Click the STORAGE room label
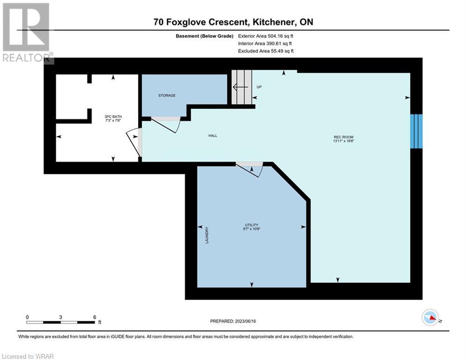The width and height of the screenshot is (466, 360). [x=167, y=96]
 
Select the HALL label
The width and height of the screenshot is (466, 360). [x=213, y=135]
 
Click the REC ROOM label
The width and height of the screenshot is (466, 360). [x=344, y=137]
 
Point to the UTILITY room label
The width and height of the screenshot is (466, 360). [x=251, y=225]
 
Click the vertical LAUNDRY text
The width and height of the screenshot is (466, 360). [x=207, y=235]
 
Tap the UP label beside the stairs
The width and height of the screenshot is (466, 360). [x=259, y=87]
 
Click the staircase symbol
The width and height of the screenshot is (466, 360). [x=242, y=87]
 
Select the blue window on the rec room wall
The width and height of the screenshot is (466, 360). [x=416, y=131]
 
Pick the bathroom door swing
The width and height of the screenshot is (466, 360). [x=134, y=142]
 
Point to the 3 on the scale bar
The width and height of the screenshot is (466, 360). [x=60, y=317]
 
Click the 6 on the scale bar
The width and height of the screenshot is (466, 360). [x=95, y=317]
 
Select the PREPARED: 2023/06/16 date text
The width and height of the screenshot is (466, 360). [x=233, y=321]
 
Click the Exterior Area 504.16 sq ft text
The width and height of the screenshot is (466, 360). [x=266, y=36]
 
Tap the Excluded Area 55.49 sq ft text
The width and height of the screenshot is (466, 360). [x=266, y=51]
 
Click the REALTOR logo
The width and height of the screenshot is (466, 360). [x=27, y=33]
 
